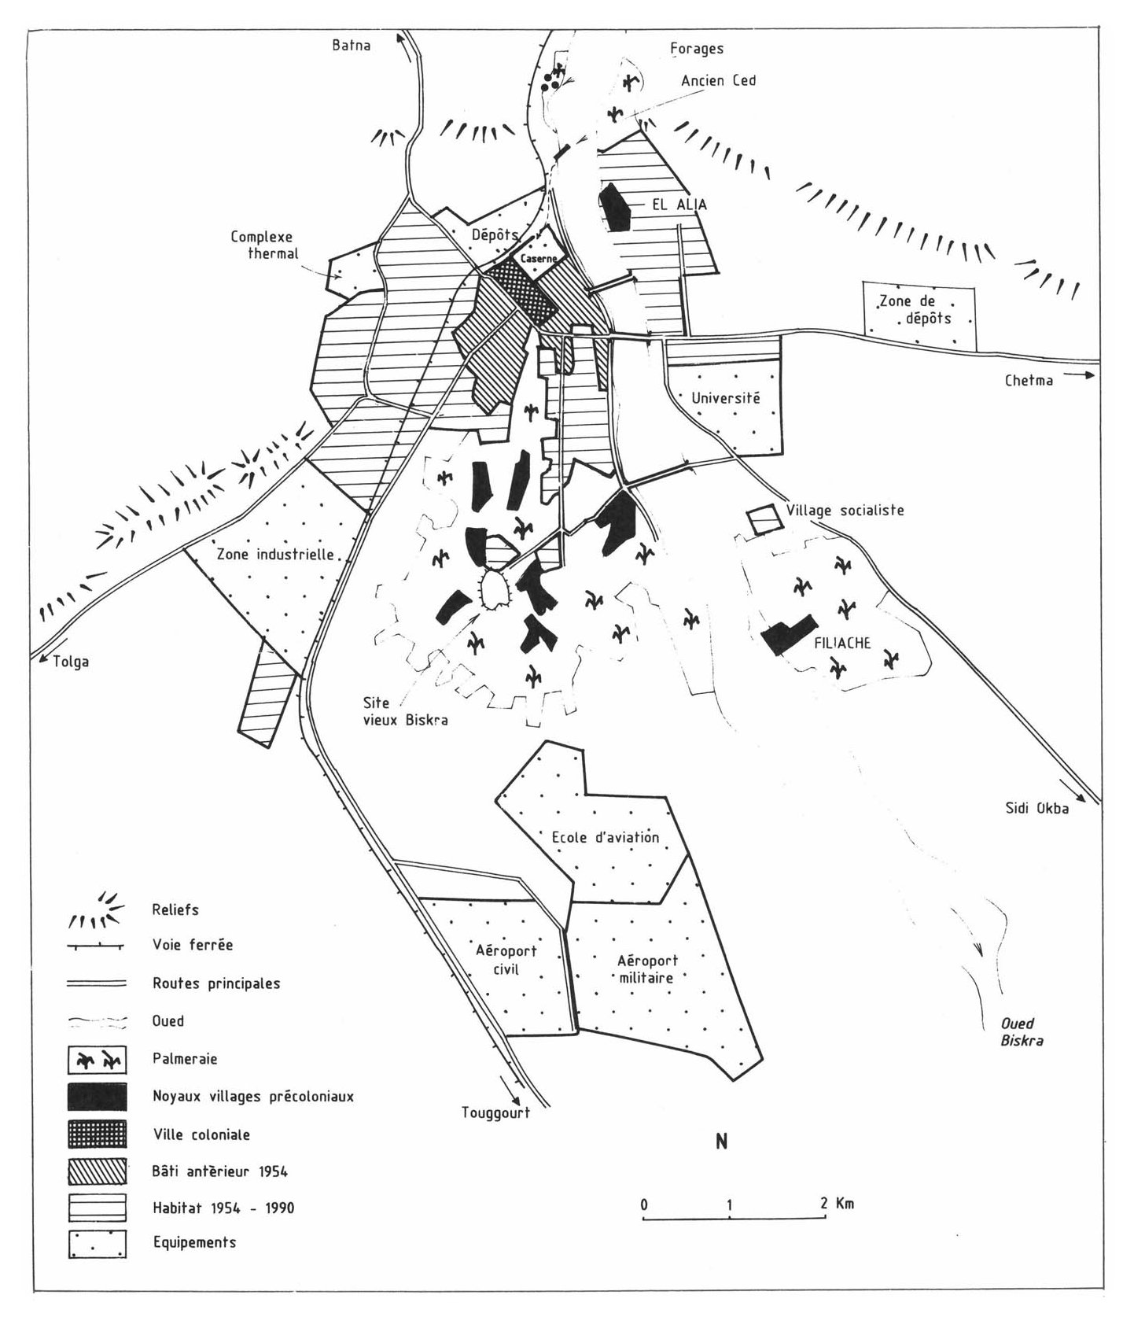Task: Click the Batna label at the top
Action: pyautogui.click(x=351, y=45)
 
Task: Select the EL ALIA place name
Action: pyautogui.click(x=679, y=205)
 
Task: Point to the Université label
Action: pyautogui.click(x=726, y=398)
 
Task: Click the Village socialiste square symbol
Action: pyautogui.click(x=761, y=520)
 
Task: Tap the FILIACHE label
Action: pyautogui.click(x=842, y=642)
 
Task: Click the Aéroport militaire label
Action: pyautogui.click(x=646, y=968)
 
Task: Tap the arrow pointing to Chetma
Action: pyautogui.click(x=1084, y=375)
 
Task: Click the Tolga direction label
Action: pyautogui.click(x=71, y=662)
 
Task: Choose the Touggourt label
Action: pyautogui.click(x=495, y=1112)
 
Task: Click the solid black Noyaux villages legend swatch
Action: pyautogui.click(x=98, y=1096)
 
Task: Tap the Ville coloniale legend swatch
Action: pyautogui.click(x=98, y=1134)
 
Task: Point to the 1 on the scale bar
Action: pyautogui.click(x=731, y=1204)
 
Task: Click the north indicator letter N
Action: pyautogui.click(x=721, y=1142)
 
